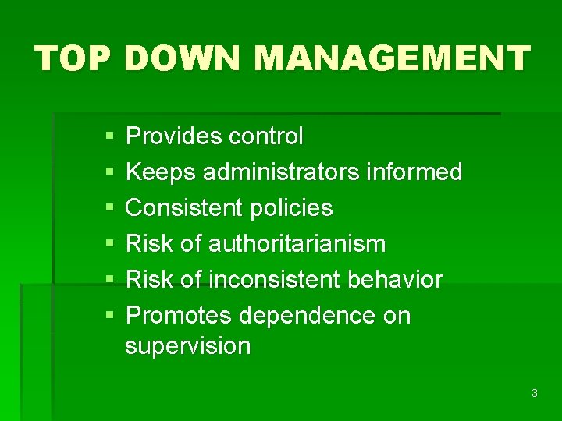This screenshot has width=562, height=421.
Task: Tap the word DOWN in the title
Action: click(184, 58)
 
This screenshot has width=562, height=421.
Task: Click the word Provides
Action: click(173, 136)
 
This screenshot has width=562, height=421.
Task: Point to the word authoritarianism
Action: click(297, 244)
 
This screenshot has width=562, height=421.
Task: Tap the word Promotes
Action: click(179, 316)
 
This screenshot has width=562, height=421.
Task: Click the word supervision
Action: click(187, 345)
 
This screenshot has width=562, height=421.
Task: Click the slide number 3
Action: click(534, 393)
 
